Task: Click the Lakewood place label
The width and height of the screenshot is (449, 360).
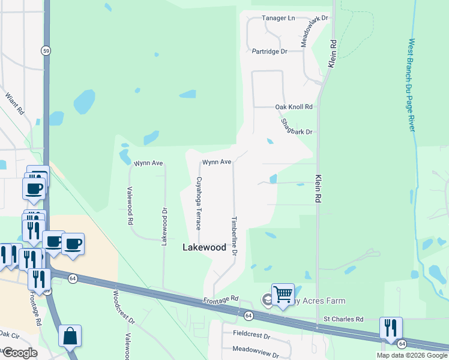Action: [204, 247]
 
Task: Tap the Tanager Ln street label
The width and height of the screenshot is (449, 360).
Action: [279, 18]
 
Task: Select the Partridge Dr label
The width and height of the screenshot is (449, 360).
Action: [270, 52]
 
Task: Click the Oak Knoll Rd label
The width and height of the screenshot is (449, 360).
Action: [294, 107]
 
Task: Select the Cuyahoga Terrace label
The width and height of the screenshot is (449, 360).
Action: [199, 203]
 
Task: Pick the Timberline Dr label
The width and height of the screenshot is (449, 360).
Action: [235, 236]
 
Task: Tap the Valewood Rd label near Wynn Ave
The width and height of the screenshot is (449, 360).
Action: [130, 206]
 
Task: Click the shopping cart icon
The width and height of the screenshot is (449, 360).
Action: [283, 294]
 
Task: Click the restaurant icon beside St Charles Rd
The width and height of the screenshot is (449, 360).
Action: [391, 327]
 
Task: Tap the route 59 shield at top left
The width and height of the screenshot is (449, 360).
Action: [46, 50]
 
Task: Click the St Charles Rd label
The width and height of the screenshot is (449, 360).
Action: [343, 319]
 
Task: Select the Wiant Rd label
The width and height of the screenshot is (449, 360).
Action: [14, 103]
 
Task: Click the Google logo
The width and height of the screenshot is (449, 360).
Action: [19, 353]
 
